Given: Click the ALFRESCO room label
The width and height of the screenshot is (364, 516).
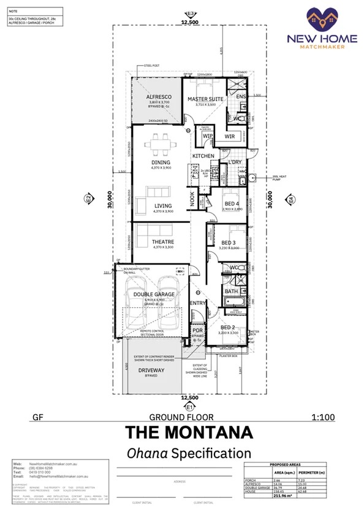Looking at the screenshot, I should click(x=158, y=98).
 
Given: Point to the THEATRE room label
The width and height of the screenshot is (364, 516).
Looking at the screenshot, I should click(x=162, y=242).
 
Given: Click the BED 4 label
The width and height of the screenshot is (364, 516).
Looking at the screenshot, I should click(x=231, y=203).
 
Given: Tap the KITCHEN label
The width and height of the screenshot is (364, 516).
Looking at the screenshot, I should click(x=203, y=156).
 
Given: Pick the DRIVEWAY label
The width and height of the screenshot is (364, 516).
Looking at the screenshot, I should click(x=152, y=371).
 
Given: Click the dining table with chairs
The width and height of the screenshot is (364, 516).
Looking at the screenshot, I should click(x=162, y=145).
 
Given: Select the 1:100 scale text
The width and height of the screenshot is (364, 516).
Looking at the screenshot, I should click(x=323, y=418).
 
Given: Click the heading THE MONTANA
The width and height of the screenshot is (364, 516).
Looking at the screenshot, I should click(x=189, y=433).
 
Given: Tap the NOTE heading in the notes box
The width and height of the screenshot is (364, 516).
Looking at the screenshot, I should click(x=13, y=11).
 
